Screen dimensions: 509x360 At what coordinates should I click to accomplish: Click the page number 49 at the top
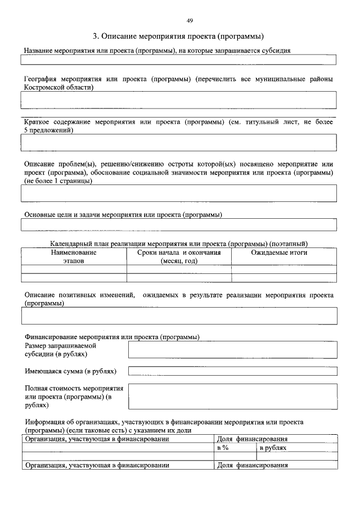190,21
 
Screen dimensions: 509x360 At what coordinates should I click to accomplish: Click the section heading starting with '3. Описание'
179,37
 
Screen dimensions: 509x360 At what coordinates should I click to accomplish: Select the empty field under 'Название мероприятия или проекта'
178,60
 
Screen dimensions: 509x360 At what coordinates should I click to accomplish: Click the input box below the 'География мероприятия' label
178,100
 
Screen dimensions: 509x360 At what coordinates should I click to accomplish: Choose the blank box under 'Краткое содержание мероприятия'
178,142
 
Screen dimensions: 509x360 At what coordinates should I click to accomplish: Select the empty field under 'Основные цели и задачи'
178,225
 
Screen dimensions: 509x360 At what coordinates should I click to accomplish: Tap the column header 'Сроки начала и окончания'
179,257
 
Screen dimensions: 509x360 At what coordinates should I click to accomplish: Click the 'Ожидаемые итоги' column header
283,253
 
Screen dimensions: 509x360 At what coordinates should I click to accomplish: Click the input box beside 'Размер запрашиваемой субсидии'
232,350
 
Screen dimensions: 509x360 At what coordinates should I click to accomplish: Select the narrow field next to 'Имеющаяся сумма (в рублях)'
232,371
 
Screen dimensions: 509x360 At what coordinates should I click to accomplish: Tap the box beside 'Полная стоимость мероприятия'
232,396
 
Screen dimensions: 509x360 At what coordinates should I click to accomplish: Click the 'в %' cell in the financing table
223,448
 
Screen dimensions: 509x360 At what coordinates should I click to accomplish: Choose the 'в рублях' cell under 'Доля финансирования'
273,448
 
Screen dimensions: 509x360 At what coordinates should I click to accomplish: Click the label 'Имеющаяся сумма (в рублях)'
71,371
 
